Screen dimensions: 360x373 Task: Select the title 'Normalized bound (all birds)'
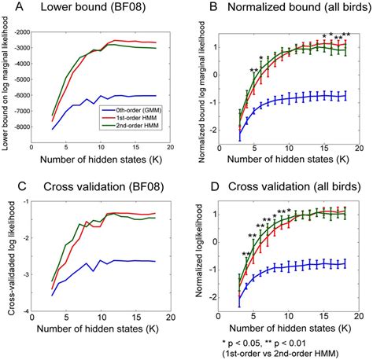(x=286, y=10)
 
